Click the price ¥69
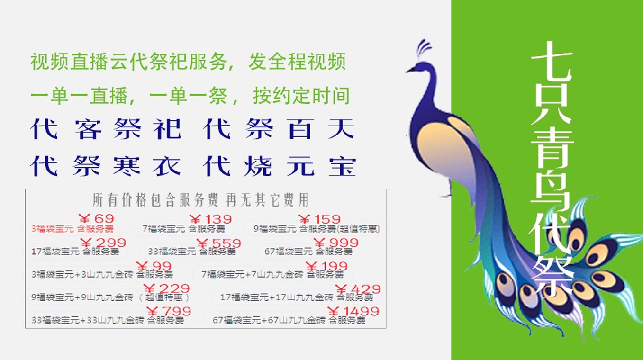tap(96, 219)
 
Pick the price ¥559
tap(219, 243)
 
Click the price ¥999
tap(336, 242)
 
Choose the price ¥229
tap(166, 289)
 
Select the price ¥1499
tap(354, 312)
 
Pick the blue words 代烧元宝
tap(278, 166)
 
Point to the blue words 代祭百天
tap(278, 130)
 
